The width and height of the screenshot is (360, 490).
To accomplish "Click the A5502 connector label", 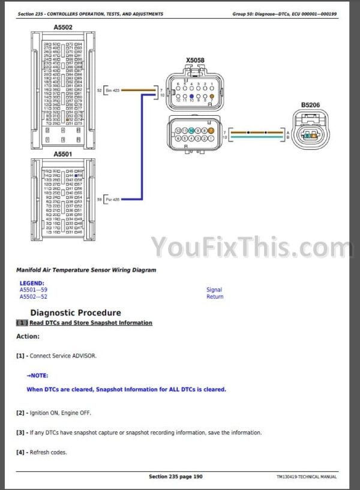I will (x=63, y=28).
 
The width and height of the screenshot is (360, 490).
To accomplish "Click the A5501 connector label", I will (x=63, y=154).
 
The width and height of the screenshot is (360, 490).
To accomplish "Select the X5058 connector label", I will (x=194, y=60).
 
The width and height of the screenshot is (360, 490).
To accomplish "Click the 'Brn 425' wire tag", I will (x=112, y=91).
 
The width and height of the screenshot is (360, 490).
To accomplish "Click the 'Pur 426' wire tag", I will (x=112, y=199).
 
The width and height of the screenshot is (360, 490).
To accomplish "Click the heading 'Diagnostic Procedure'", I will (x=76, y=312).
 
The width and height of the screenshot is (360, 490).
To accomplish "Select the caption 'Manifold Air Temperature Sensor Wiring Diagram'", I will (x=86, y=270).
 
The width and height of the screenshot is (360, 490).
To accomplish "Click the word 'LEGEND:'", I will (x=32, y=283).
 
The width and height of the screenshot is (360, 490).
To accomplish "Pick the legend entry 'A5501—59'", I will (x=34, y=290).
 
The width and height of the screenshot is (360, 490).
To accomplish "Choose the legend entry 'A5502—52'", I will (x=34, y=296).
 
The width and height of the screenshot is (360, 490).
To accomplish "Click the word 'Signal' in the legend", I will (x=214, y=290).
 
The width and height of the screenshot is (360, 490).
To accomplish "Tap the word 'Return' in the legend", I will (x=215, y=296).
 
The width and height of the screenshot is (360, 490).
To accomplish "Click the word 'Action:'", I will (x=28, y=336).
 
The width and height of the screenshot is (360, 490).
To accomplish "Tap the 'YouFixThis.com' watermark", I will (x=252, y=246).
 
